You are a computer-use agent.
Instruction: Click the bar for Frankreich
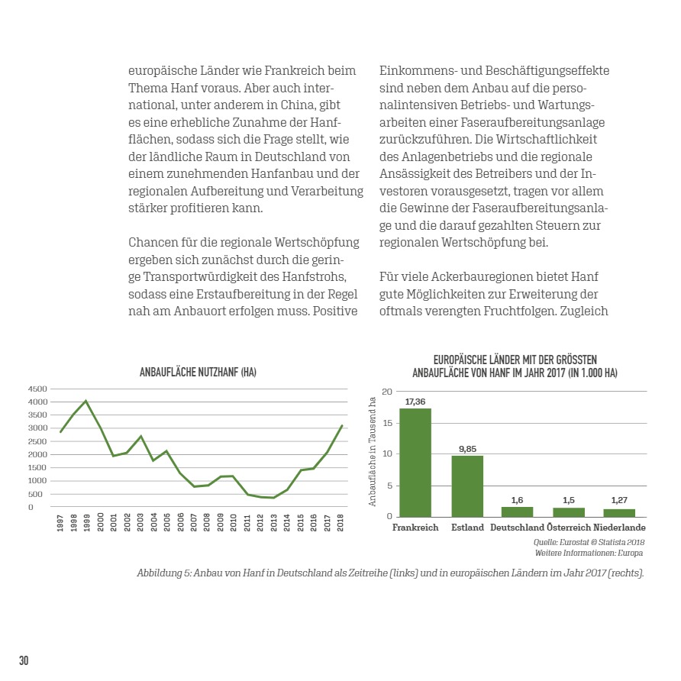tap(415, 463)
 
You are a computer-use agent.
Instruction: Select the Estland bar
tap(467, 486)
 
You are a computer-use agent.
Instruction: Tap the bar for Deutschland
tap(517, 512)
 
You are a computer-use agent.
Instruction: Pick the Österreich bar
tap(569, 512)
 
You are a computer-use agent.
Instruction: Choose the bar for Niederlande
tap(619, 513)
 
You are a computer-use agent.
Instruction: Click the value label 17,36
tap(415, 402)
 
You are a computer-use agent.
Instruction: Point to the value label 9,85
tap(467, 448)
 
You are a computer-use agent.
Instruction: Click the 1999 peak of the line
tap(86, 401)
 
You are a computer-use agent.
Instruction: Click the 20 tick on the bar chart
tap(387, 392)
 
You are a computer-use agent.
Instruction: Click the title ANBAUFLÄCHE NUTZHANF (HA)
tap(198, 373)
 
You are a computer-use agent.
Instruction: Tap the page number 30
tap(24, 660)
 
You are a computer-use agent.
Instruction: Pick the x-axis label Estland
tap(467, 528)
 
